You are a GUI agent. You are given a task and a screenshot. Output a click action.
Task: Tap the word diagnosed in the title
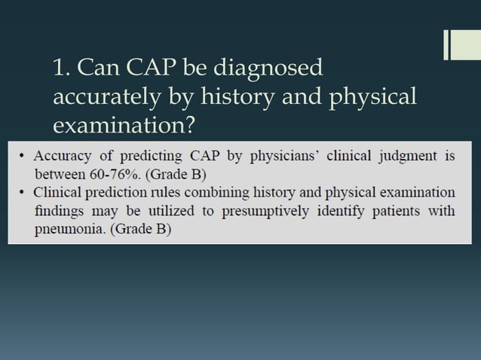coord(270,69)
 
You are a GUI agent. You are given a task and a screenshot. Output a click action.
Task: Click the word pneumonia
coord(69,228)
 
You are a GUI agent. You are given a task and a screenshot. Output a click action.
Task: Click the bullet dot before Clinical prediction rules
coord(23,191)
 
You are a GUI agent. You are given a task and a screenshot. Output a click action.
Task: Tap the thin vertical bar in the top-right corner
coord(446,44)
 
